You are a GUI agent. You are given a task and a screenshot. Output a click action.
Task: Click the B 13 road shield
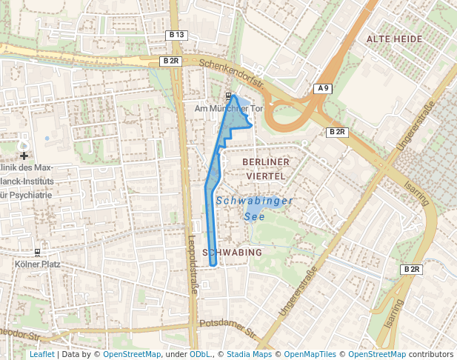[176, 35]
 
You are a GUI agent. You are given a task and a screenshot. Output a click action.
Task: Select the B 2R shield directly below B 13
[170, 61]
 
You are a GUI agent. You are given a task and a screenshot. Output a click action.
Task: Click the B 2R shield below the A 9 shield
[337, 132]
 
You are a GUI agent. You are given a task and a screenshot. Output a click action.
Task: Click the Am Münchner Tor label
[228, 109]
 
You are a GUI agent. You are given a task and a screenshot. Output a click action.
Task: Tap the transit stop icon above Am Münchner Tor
[227, 96]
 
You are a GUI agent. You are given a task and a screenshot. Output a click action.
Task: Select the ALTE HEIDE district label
[394, 39]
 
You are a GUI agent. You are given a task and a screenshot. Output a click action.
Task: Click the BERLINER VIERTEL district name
[265, 168]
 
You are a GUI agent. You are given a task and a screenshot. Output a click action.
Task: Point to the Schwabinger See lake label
[255, 208]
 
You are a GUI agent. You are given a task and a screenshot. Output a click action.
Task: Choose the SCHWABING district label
[232, 253]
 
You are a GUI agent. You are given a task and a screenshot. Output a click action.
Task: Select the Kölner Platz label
[38, 264]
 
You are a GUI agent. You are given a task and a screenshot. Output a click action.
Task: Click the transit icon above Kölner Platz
[37, 252]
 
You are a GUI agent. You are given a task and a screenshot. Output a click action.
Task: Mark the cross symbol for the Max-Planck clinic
[24, 156]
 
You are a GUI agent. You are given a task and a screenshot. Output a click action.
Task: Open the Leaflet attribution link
[41, 354]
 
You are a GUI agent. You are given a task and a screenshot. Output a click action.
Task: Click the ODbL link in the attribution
[200, 354]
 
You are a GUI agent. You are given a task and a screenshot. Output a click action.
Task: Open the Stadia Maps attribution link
[249, 354]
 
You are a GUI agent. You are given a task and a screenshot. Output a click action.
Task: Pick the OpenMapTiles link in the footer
[310, 354]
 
